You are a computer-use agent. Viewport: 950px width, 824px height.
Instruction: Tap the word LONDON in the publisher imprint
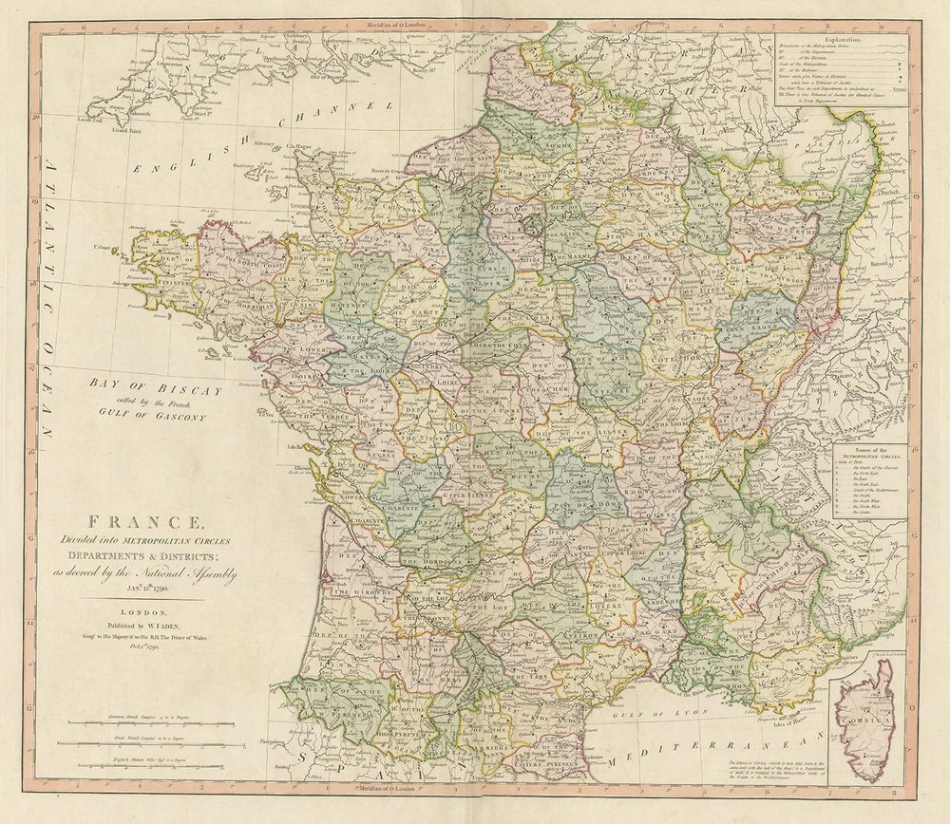click(x=145, y=614)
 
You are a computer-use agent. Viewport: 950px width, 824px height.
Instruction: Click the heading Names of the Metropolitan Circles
click(x=866, y=452)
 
